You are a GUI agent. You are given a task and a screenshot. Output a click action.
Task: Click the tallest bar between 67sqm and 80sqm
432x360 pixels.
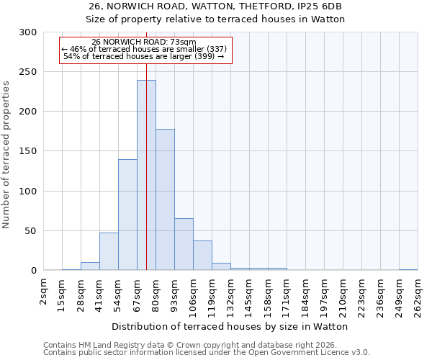(x=146, y=176)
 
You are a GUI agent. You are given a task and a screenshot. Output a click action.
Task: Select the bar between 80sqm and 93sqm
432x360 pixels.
(x=165, y=200)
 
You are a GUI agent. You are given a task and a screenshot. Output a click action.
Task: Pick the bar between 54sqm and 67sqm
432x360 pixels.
(x=127, y=215)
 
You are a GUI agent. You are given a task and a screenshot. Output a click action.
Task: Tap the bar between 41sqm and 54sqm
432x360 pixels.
(x=109, y=251)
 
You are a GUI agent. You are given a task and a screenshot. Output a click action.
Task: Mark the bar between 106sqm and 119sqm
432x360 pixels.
(x=202, y=256)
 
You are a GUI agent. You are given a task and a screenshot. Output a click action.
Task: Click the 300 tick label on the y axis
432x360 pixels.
(x=27, y=32)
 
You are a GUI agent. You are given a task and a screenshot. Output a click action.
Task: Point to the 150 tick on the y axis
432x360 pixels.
(x=27, y=151)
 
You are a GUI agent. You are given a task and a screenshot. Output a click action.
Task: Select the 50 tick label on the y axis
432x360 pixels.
(x=30, y=231)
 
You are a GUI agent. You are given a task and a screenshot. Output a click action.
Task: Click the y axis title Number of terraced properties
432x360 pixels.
(x=6, y=155)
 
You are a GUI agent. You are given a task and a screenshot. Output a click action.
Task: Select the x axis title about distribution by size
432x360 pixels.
(x=230, y=326)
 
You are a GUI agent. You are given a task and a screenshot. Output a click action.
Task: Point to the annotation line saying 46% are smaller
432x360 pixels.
(x=144, y=49)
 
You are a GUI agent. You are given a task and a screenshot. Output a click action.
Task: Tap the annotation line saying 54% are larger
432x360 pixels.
(x=144, y=56)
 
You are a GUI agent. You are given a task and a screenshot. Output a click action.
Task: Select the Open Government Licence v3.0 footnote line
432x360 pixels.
(x=207, y=353)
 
